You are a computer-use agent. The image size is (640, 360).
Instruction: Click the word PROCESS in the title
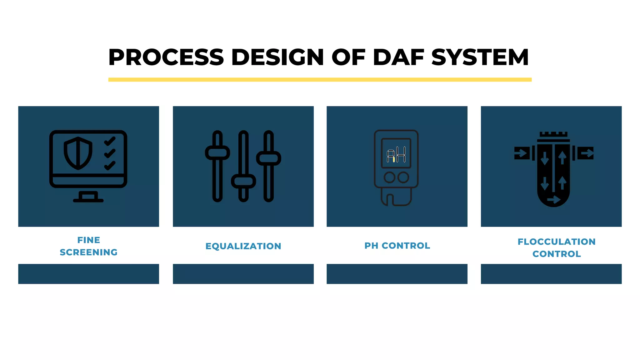(166, 57)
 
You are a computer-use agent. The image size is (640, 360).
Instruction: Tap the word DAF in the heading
(398, 57)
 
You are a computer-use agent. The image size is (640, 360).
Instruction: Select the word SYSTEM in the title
(480, 57)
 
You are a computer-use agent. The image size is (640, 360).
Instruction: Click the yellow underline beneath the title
(320, 80)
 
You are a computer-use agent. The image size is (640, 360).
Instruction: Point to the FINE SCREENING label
(88, 246)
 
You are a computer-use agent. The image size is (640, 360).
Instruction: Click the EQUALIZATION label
(243, 246)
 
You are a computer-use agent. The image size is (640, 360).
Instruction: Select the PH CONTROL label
(397, 246)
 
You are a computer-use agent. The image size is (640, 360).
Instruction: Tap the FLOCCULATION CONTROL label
(556, 247)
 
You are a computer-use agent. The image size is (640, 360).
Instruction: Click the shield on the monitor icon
(78, 153)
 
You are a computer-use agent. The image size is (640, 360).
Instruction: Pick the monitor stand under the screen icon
(88, 197)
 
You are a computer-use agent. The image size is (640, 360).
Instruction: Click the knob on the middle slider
(243, 181)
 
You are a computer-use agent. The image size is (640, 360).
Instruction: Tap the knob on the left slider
(217, 152)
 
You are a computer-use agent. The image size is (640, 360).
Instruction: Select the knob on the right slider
(269, 158)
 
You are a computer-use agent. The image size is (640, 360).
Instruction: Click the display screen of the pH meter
(396, 153)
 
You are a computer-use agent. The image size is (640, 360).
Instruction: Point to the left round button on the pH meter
(389, 177)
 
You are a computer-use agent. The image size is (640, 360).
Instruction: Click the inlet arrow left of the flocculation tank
(522, 153)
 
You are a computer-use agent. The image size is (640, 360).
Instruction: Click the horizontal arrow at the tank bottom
(553, 199)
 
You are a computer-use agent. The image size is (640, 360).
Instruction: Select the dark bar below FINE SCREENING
(88, 274)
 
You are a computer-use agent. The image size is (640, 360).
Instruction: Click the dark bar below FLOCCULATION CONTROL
(551, 274)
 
